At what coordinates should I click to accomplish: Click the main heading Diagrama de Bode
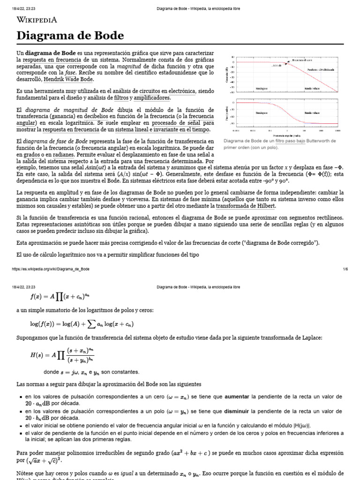click(70, 36)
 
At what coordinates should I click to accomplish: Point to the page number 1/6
click(345, 269)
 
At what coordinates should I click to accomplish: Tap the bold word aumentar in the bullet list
click(237, 397)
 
